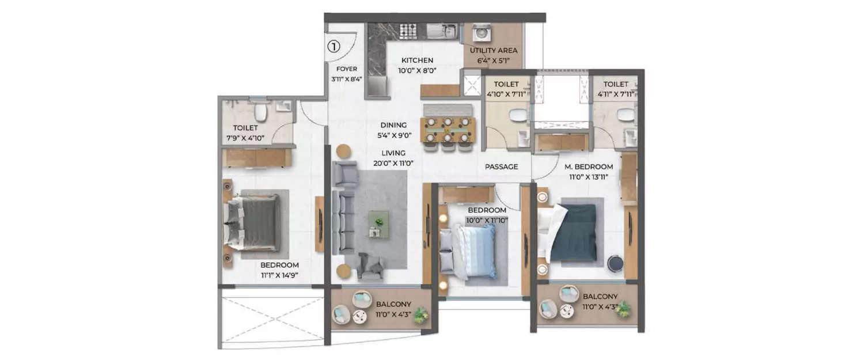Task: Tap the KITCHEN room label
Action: (x=417, y=60)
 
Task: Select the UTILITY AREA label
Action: (x=493, y=50)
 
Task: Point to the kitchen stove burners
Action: (x=408, y=31)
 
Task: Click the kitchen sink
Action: (x=445, y=31)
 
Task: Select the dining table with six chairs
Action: (x=447, y=130)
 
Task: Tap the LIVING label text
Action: (x=393, y=153)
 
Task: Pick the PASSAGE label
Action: (x=501, y=166)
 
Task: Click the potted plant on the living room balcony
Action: (x=421, y=314)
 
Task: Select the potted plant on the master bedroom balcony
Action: (x=622, y=310)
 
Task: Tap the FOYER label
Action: (x=347, y=69)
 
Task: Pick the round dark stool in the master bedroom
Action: (x=614, y=262)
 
